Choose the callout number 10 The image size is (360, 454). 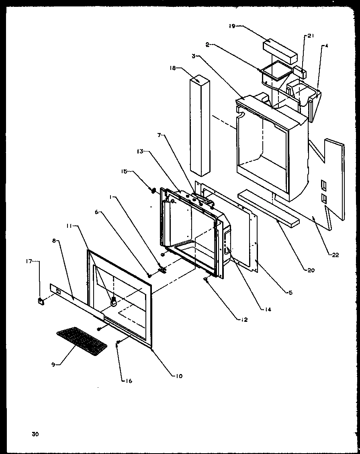coord(178,376)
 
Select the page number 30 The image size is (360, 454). coord(35,434)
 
